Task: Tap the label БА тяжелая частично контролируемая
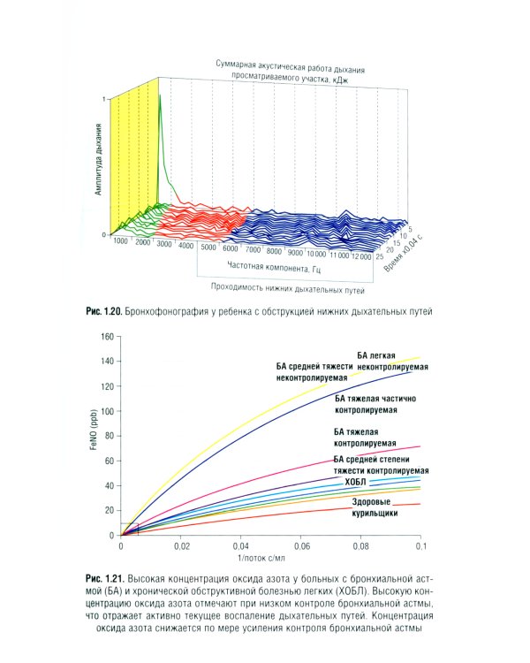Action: [x=375, y=405]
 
